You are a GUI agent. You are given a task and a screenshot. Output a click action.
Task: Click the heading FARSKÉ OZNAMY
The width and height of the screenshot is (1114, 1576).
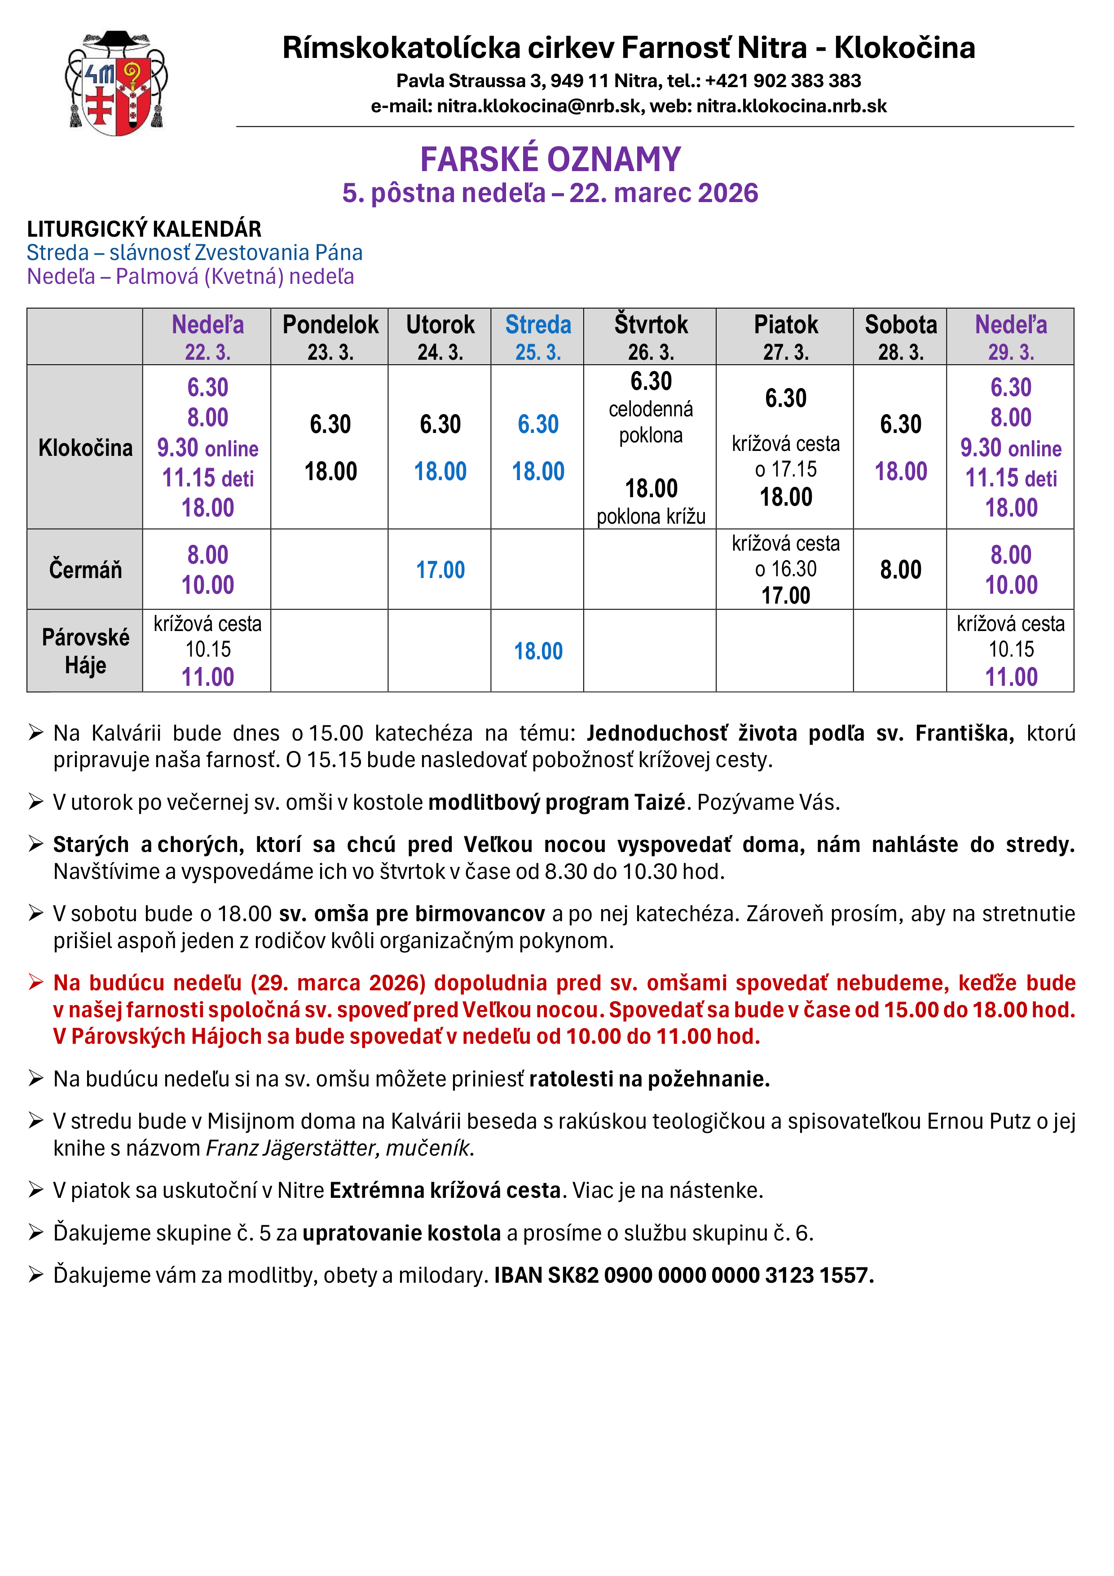[550, 159]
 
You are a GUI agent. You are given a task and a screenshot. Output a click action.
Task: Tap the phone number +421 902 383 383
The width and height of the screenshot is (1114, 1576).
[783, 81]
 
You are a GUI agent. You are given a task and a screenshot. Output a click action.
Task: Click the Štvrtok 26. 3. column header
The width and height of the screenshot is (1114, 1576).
[650, 336]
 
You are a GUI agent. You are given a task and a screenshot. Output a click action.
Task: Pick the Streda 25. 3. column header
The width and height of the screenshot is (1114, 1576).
[537, 336]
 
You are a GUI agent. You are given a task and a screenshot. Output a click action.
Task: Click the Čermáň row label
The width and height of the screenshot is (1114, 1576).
[85, 569]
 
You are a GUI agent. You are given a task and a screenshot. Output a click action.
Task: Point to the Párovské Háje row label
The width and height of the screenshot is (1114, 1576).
[85, 651]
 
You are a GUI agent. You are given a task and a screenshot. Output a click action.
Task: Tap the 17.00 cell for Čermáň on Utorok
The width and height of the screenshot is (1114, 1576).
[440, 569]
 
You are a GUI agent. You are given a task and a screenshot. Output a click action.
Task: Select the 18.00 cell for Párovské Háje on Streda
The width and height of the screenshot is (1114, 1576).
[537, 651]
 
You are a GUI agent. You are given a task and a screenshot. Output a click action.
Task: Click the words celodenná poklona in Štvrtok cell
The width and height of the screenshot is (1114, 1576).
[650, 422]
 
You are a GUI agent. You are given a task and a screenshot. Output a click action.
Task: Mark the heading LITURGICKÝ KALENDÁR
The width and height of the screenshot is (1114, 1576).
[144, 229]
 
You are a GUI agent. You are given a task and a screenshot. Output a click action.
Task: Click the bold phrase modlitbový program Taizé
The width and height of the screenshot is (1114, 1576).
[557, 803]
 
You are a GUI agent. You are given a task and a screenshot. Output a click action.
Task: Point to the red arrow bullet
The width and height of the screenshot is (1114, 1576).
[35, 982]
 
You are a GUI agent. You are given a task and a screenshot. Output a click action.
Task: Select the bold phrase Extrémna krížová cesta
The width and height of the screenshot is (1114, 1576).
[445, 1190]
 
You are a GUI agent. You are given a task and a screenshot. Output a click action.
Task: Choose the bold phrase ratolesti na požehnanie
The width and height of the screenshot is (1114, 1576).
[649, 1079]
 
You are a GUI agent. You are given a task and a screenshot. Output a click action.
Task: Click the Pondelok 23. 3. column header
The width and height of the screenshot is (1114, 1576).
[330, 336]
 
